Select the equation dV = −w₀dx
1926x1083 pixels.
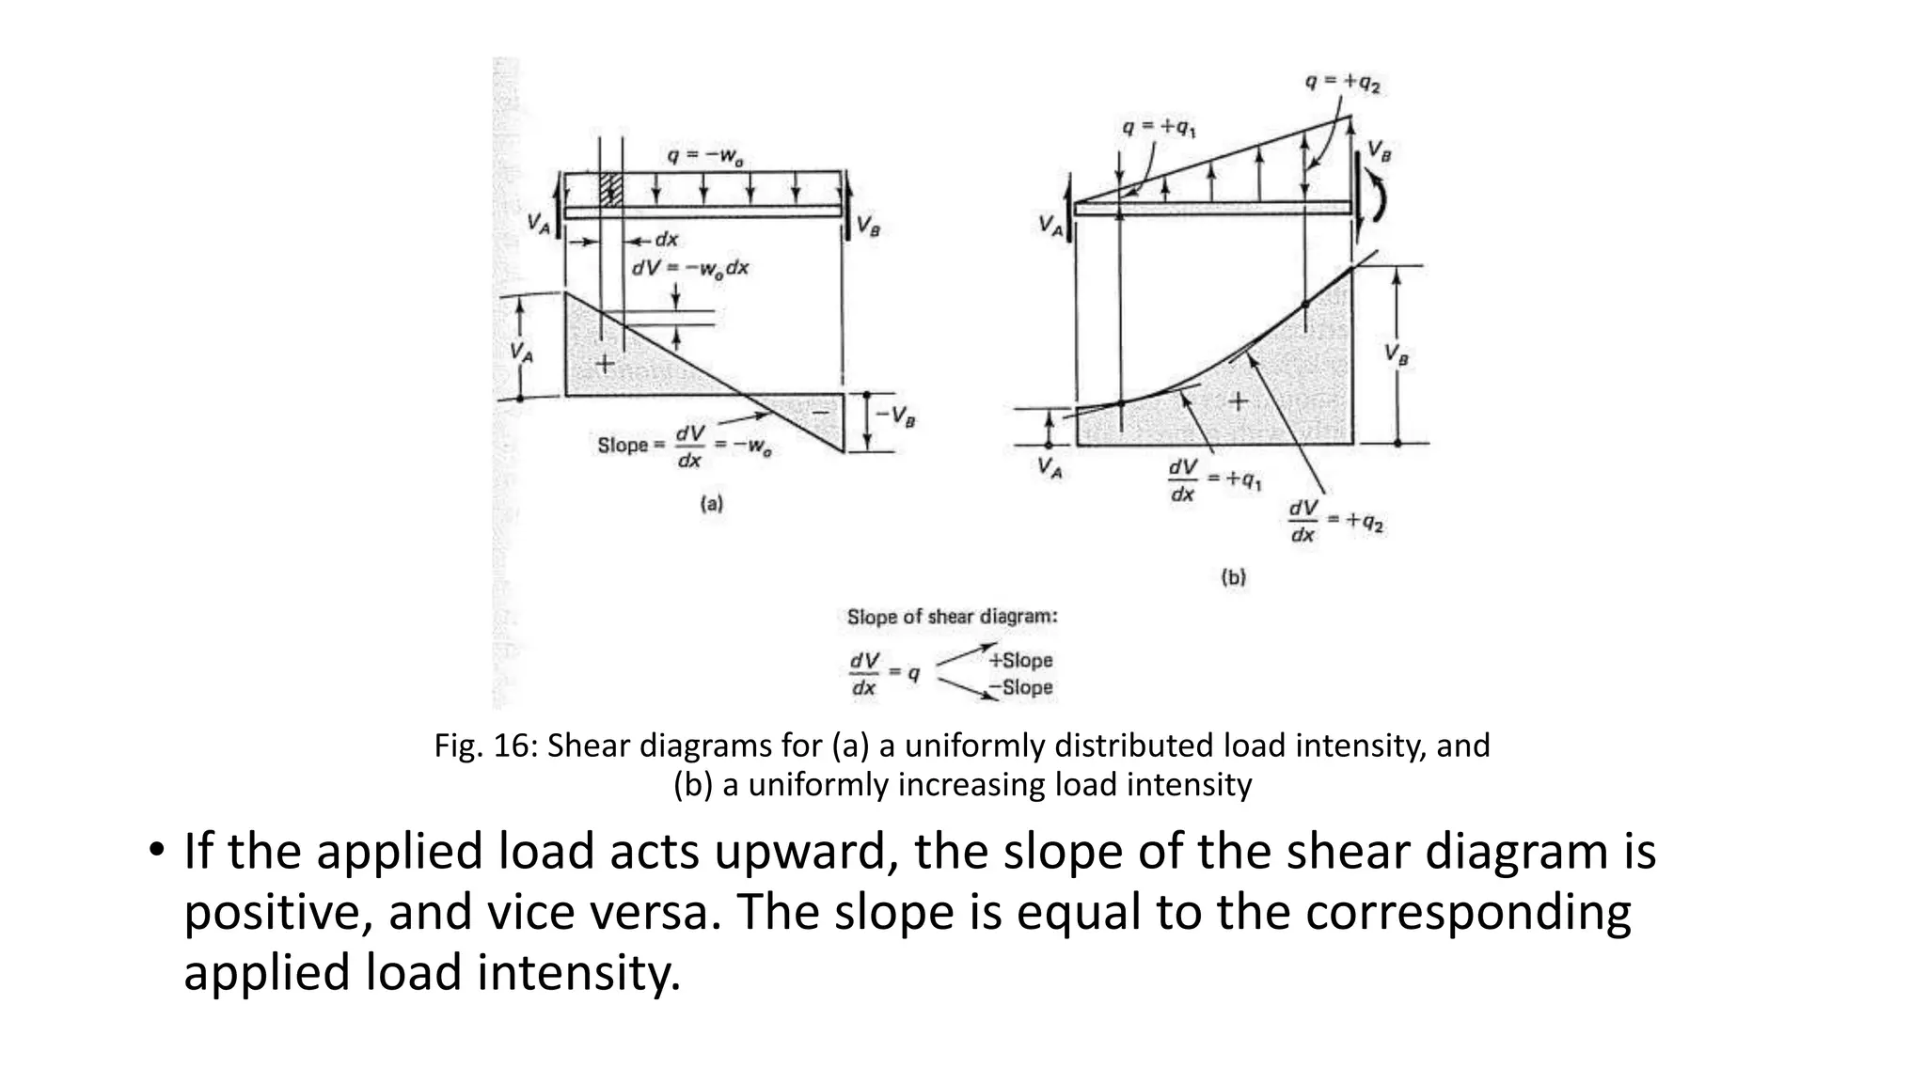tap(689, 268)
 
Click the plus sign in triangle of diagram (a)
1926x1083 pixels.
tap(605, 362)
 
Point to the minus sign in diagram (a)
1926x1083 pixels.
tap(820, 413)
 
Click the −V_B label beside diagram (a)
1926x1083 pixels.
tap(895, 416)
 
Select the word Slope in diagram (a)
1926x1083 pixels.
tap(623, 445)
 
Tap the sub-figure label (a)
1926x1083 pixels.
tap(712, 504)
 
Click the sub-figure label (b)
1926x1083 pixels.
tap(1233, 577)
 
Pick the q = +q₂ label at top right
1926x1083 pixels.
tap(1342, 83)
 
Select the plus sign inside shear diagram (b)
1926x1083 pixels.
tap(1239, 401)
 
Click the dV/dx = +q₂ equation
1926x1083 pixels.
tap(1335, 521)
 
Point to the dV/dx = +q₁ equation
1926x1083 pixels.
tap(1214, 480)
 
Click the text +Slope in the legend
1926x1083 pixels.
tap(1020, 660)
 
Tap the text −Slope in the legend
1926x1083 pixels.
tap(1020, 687)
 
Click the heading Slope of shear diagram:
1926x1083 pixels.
tap(952, 617)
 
